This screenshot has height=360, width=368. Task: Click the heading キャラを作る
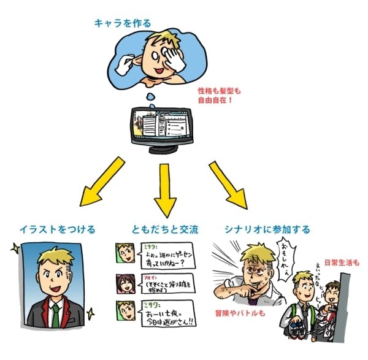122,23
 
